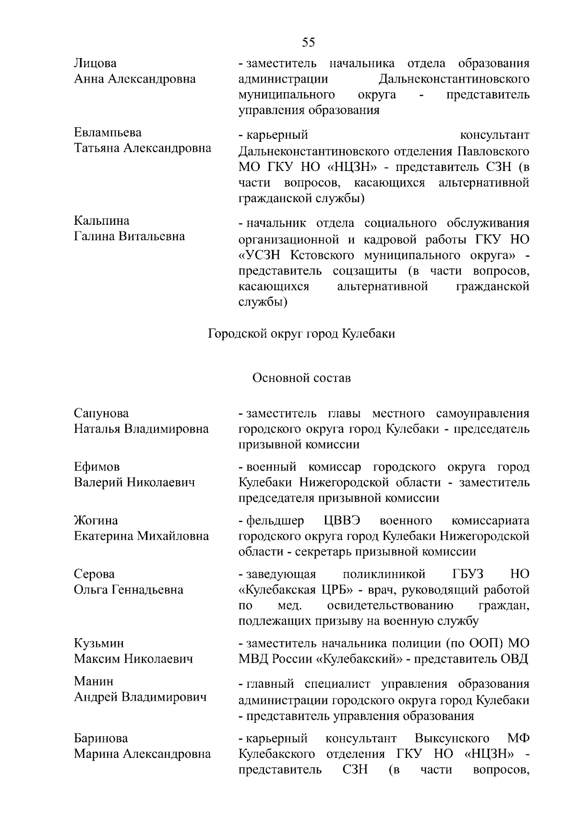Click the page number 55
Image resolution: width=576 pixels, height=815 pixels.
pyautogui.click(x=309, y=42)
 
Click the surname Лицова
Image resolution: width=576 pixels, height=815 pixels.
pyautogui.click(x=95, y=63)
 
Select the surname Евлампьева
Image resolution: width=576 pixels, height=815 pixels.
pyautogui.click(x=108, y=133)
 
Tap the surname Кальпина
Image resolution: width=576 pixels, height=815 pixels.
pyautogui.click(x=101, y=221)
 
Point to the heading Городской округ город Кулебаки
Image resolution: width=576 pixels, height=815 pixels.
pyautogui.click(x=301, y=333)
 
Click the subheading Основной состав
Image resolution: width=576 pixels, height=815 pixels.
pyautogui.click(x=301, y=378)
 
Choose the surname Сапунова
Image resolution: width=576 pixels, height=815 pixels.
pyautogui.click(x=101, y=414)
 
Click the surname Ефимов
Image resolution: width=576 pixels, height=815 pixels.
pyautogui.click(x=96, y=467)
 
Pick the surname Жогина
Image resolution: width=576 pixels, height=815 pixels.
pyautogui.click(x=96, y=521)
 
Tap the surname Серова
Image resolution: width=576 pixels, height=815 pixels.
pyautogui.click(x=94, y=574)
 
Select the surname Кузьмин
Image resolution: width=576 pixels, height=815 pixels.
pyautogui.click(x=98, y=643)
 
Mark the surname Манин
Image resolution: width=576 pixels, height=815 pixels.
pyautogui.click(x=94, y=681)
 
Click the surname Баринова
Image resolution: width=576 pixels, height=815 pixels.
pyautogui.click(x=101, y=738)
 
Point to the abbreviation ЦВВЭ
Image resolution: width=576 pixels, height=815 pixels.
pyautogui.click(x=342, y=521)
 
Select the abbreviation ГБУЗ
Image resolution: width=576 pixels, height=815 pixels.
pyautogui.click(x=468, y=574)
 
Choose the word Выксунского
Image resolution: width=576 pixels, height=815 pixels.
pyautogui.click(x=452, y=738)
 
